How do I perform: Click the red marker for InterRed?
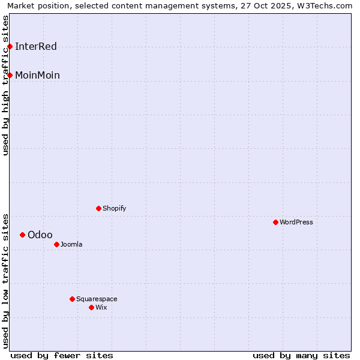pos(10,46)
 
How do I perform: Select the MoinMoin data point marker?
pos(10,75)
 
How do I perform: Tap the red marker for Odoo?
pos(22,235)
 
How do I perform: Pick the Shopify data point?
pos(98,208)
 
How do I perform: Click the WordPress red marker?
pos(275,222)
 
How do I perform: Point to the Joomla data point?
pos(56,244)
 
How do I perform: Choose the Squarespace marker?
pos(72,299)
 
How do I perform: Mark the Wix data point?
pos(91,307)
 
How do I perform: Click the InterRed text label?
pos(36,47)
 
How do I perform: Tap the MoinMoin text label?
pos(37,76)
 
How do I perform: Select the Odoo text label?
pos(40,235)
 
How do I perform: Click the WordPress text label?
pos(296,222)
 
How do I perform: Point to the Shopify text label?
pos(115,208)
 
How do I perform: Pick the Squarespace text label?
pos(97,299)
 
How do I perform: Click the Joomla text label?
pos(71,244)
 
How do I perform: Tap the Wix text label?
pos(101,307)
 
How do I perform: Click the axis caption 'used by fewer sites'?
pos(62,355)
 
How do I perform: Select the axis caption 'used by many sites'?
pos(301,355)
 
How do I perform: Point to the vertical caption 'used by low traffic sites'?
pos(6,280)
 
